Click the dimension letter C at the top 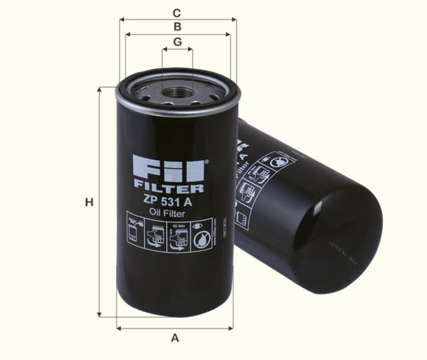177,12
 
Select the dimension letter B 177,27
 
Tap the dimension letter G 177,41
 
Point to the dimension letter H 87,203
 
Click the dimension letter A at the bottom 175,338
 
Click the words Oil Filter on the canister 169,213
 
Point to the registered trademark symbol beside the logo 206,161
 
